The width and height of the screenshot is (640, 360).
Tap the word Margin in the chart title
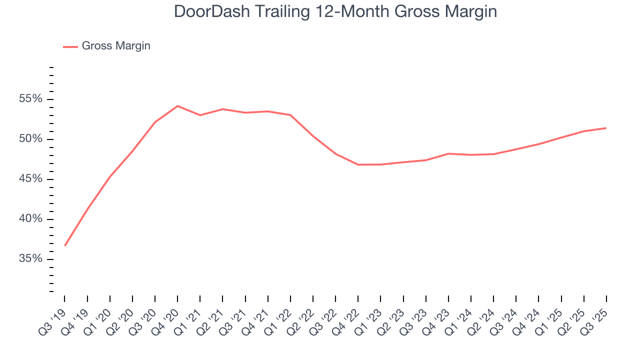(x=468, y=11)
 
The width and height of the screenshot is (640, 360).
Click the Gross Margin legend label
(x=116, y=46)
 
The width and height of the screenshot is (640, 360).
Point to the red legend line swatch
(x=70, y=46)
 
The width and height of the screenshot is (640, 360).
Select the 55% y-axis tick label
(x=31, y=99)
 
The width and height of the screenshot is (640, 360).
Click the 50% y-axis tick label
(x=31, y=139)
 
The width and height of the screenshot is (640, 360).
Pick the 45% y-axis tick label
(x=31, y=179)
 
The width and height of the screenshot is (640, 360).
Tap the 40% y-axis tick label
(x=31, y=219)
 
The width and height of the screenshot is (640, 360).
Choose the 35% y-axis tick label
(x=31, y=259)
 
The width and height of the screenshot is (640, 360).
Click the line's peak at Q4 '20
(x=177, y=106)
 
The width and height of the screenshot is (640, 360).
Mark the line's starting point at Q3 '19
(x=65, y=245)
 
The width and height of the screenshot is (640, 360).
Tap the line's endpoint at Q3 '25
(x=606, y=128)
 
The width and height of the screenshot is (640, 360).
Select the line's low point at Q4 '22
(x=358, y=164)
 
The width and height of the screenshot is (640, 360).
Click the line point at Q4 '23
(x=448, y=153)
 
